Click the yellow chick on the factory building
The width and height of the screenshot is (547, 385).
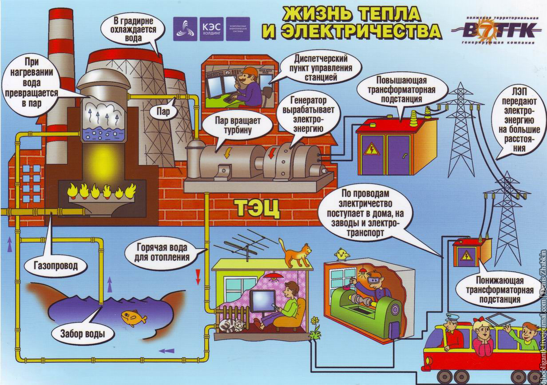tap(341, 254)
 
